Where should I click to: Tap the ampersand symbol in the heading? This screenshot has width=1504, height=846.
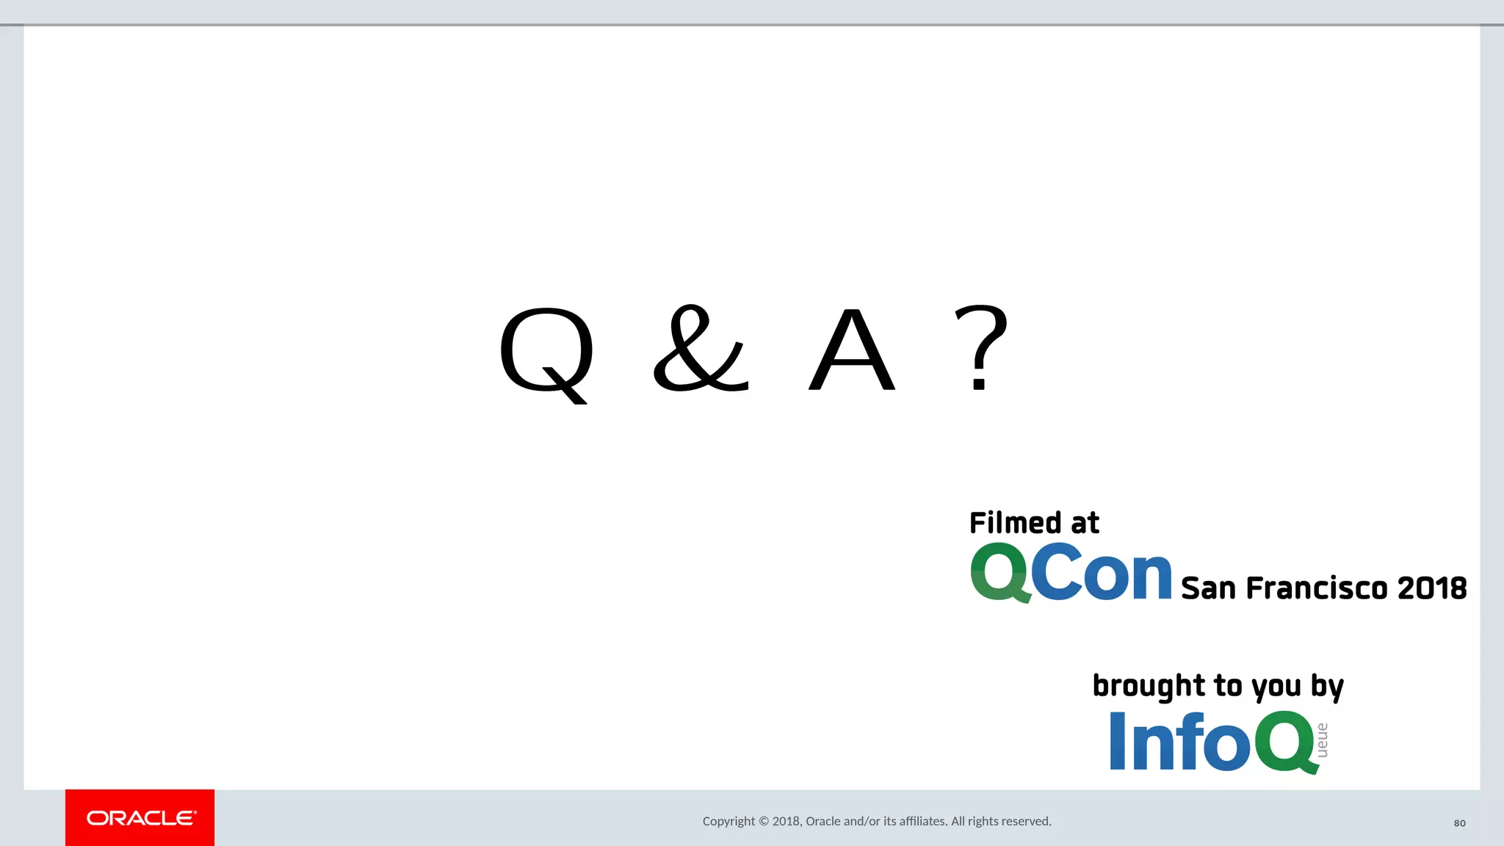701,349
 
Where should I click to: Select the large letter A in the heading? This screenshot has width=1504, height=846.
852,351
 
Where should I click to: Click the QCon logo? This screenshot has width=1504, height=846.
1071,573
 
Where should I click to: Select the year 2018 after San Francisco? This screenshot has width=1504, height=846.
1432,588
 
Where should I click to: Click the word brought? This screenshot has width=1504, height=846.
1149,686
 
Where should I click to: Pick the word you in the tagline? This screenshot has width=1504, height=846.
1276,687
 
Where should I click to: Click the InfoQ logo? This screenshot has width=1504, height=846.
1212,742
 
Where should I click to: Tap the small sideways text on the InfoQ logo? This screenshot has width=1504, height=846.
1322,740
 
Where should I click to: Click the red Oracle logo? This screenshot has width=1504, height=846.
140,817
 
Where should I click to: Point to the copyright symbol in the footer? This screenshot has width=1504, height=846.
764,821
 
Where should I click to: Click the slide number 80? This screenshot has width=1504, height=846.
1459,823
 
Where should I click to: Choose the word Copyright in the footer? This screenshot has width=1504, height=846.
728,821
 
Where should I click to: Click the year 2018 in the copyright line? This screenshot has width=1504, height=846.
786,821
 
